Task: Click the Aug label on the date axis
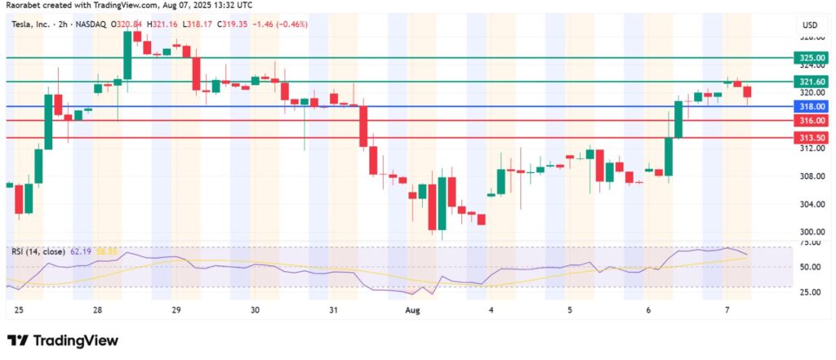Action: click(x=412, y=310)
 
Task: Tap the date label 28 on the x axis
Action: click(x=96, y=310)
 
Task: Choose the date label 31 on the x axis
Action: click(x=333, y=310)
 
